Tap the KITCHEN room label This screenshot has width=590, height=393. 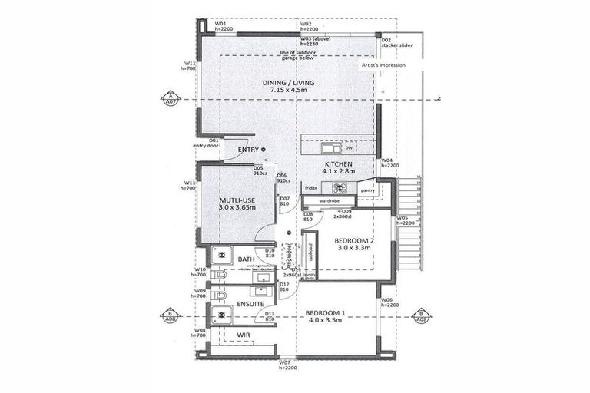(337, 164)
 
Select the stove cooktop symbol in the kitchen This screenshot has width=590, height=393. (339, 187)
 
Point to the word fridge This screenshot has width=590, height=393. (310, 188)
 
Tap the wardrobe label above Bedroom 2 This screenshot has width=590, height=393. (330, 200)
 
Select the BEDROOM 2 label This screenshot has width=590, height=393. (354, 241)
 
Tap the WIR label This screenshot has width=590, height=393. (244, 336)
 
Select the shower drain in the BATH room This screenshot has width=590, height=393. (218, 255)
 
